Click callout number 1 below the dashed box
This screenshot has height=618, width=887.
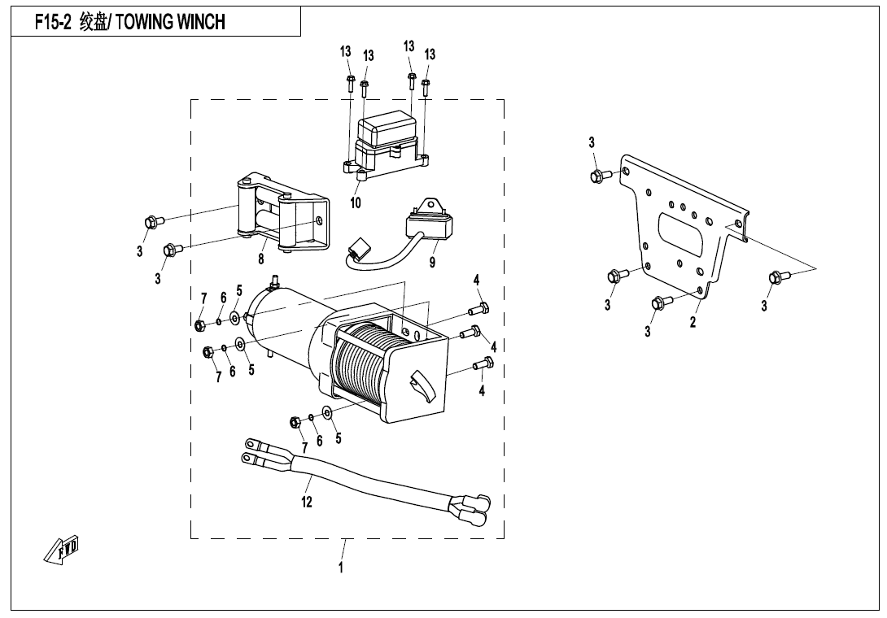(341, 568)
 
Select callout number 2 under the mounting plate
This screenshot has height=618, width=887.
(693, 322)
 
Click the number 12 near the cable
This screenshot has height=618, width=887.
(307, 503)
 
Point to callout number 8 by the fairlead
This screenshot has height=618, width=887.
(260, 259)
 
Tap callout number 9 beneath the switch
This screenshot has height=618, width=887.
(432, 262)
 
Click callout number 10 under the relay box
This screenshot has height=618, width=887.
(356, 202)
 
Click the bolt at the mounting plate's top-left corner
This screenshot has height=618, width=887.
(596, 176)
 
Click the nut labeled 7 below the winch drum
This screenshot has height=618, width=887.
(295, 422)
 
